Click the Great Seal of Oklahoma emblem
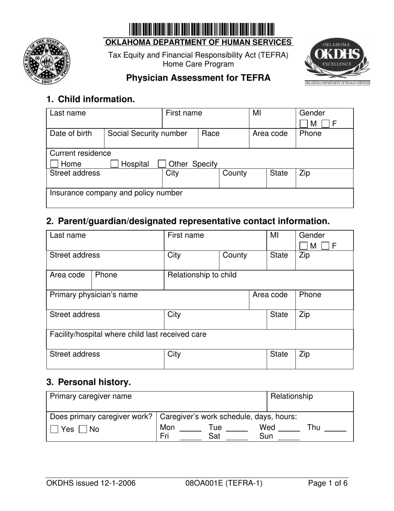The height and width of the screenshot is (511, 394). [47, 61]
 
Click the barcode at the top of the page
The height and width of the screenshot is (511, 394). [202, 30]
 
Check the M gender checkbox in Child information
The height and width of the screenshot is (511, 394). [304, 123]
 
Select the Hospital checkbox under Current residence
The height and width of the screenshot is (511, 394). [114, 164]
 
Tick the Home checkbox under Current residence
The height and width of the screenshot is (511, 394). [54, 164]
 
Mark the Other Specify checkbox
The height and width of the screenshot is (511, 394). [162, 164]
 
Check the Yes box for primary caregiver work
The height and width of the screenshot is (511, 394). [54, 430]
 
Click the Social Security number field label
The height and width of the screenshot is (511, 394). [147, 133]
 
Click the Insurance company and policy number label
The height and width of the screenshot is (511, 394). [116, 193]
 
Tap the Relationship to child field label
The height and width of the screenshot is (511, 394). [201, 275]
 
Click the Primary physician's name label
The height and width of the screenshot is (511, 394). [94, 295]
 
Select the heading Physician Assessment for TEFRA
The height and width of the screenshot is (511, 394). [198, 78]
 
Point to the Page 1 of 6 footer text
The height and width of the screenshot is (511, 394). [327, 483]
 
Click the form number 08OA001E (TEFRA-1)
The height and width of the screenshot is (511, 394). [224, 483]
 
